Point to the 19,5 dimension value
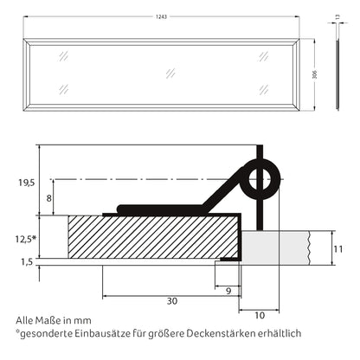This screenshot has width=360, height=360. coord(25,183)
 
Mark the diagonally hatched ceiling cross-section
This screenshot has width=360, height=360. coord(147,236)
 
